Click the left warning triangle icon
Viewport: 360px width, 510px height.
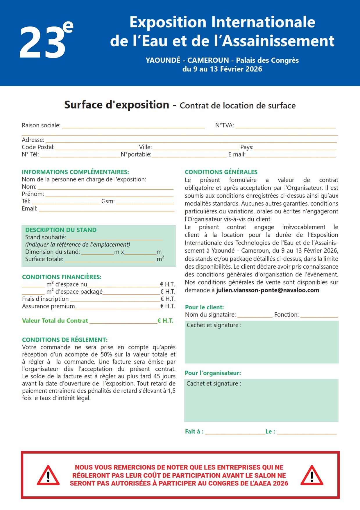[48, 476]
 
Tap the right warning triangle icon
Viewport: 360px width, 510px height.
[312, 476]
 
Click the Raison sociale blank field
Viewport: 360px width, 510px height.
[134, 126]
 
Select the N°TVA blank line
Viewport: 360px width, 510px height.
[285, 126]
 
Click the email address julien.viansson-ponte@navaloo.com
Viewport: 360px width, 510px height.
[268, 290]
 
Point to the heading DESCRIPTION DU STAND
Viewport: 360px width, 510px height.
[61, 230]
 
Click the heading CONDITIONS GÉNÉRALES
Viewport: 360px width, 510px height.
[221, 172]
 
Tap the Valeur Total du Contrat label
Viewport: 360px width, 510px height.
[55, 321]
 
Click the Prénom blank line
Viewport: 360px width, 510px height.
[109, 194]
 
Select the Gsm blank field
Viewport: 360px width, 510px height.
[145, 201]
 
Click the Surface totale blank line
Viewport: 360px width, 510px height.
[110, 259]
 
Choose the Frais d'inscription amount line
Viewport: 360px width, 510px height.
[115, 299]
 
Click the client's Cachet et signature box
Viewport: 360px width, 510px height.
[262, 342]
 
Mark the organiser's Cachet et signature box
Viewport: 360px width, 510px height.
[261, 400]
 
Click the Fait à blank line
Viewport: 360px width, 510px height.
[235, 432]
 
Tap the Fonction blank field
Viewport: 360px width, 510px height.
[319, 315]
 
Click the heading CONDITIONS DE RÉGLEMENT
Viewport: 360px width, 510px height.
[65, 340]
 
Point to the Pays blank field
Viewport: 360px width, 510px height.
[295, 147]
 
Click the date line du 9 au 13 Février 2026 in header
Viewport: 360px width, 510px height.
[222, 69]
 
